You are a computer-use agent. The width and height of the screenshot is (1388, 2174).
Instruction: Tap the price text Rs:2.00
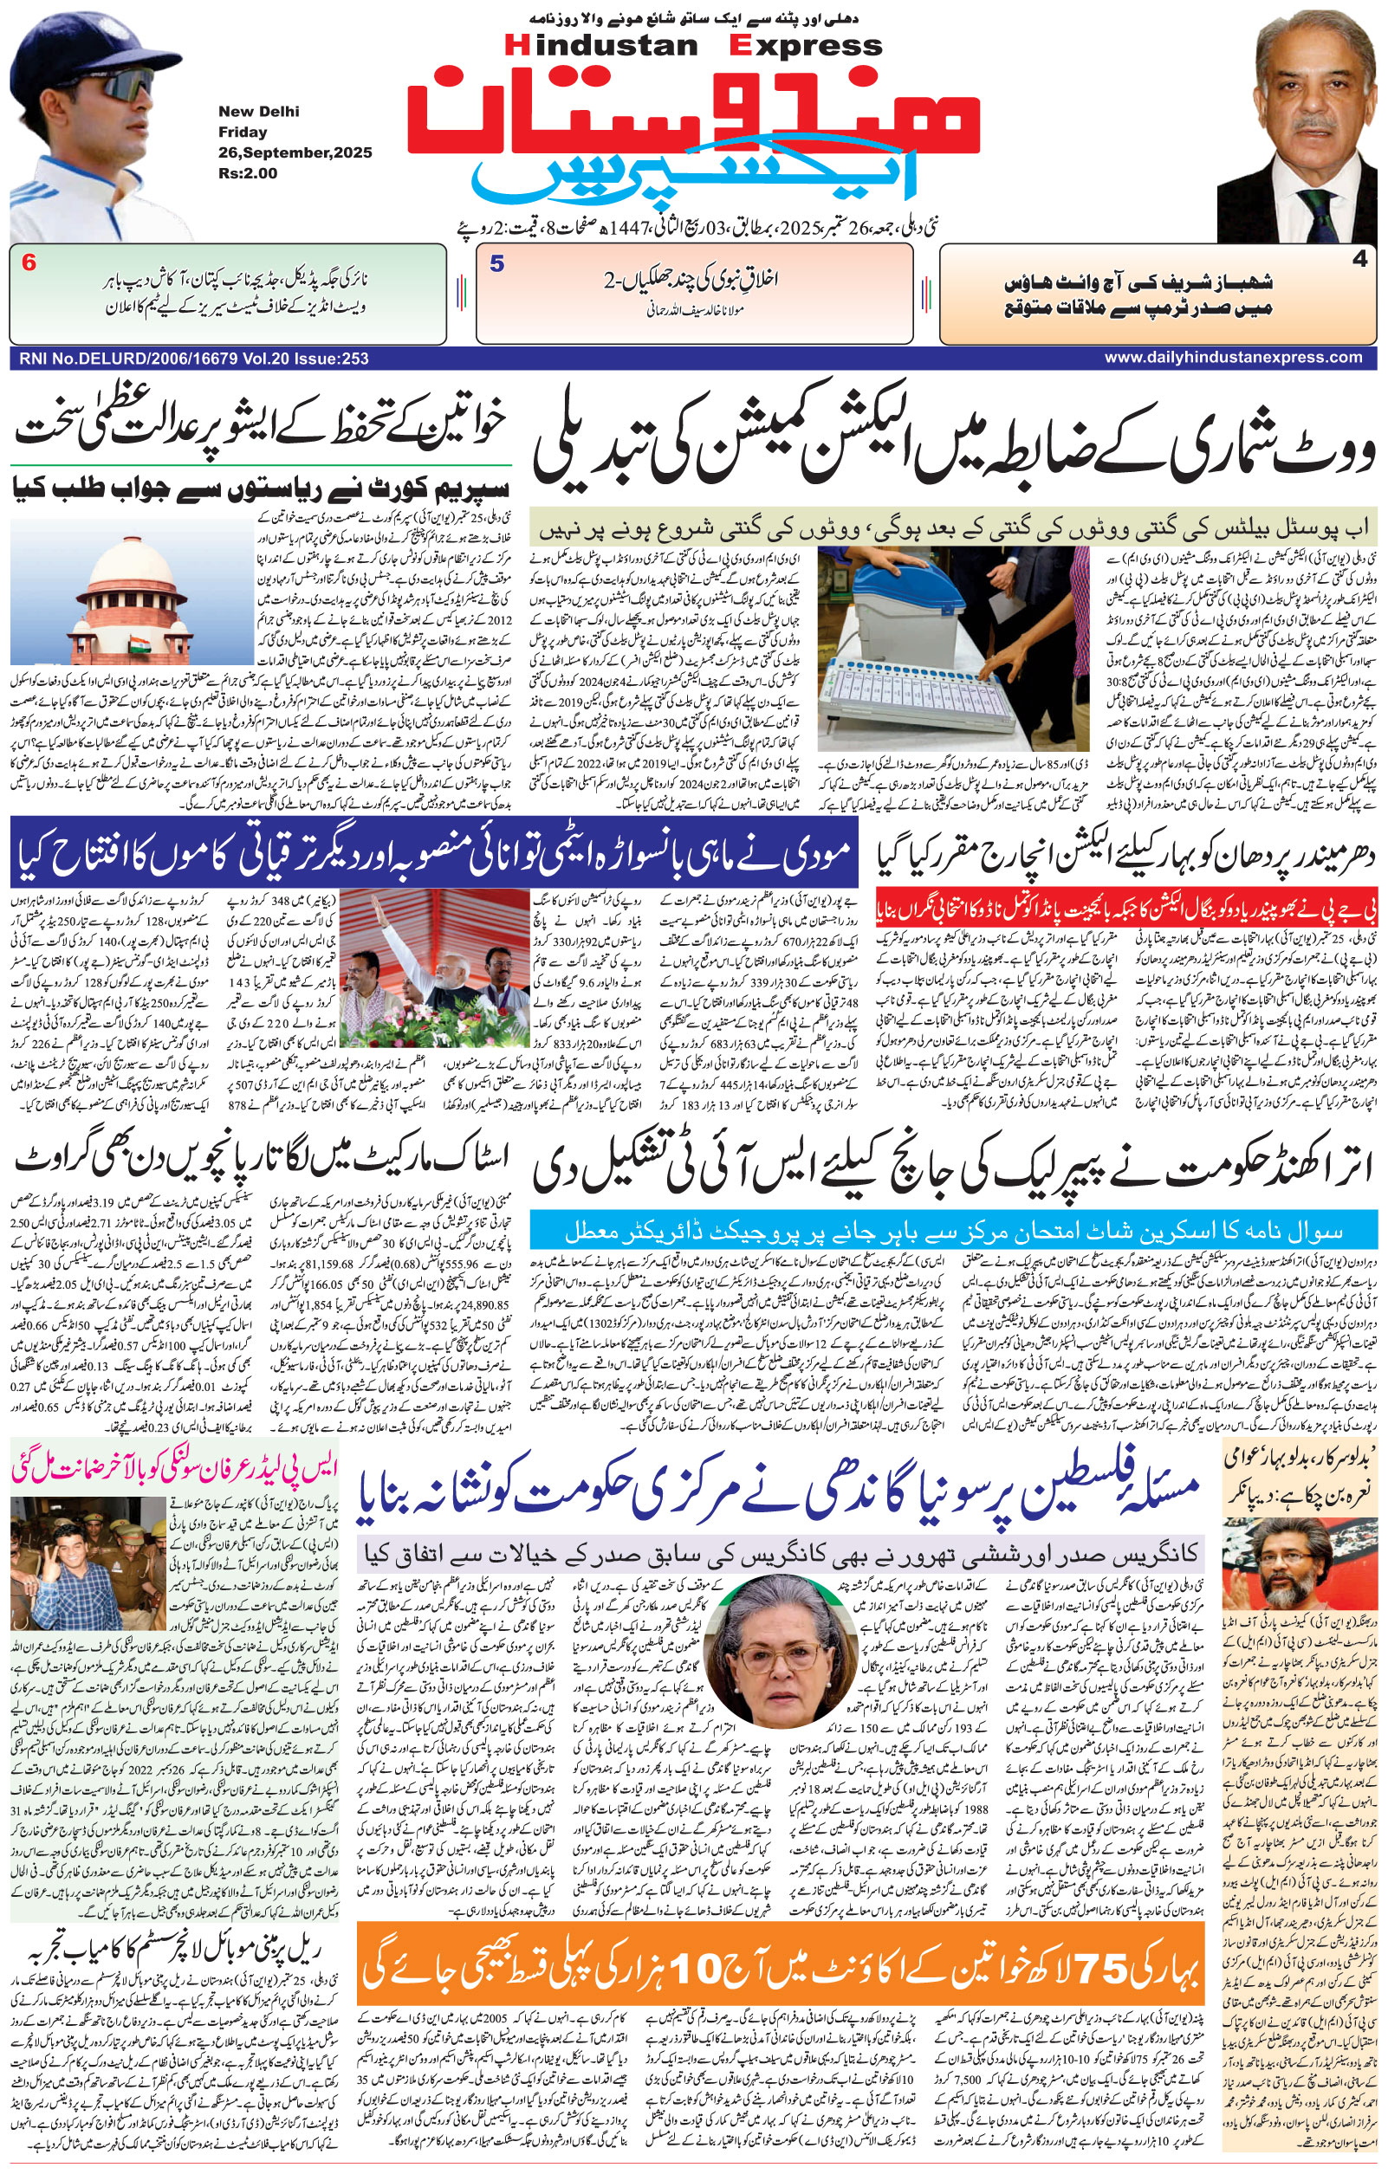click(x=248, y=172)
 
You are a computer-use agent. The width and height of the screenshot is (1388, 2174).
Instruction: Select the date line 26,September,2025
click(x=295, y=152)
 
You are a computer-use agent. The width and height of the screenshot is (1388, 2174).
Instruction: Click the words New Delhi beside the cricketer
click(x=258, y=112)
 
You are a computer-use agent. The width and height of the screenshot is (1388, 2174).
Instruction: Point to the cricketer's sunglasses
click(x=122, y=87)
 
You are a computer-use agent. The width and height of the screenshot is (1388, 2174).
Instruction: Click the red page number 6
click(x=29, y=264)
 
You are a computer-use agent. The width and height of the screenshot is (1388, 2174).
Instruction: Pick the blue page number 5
click(x=496, y=264)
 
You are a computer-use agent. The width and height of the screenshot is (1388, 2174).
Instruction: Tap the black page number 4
click(x=1359, y=259)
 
